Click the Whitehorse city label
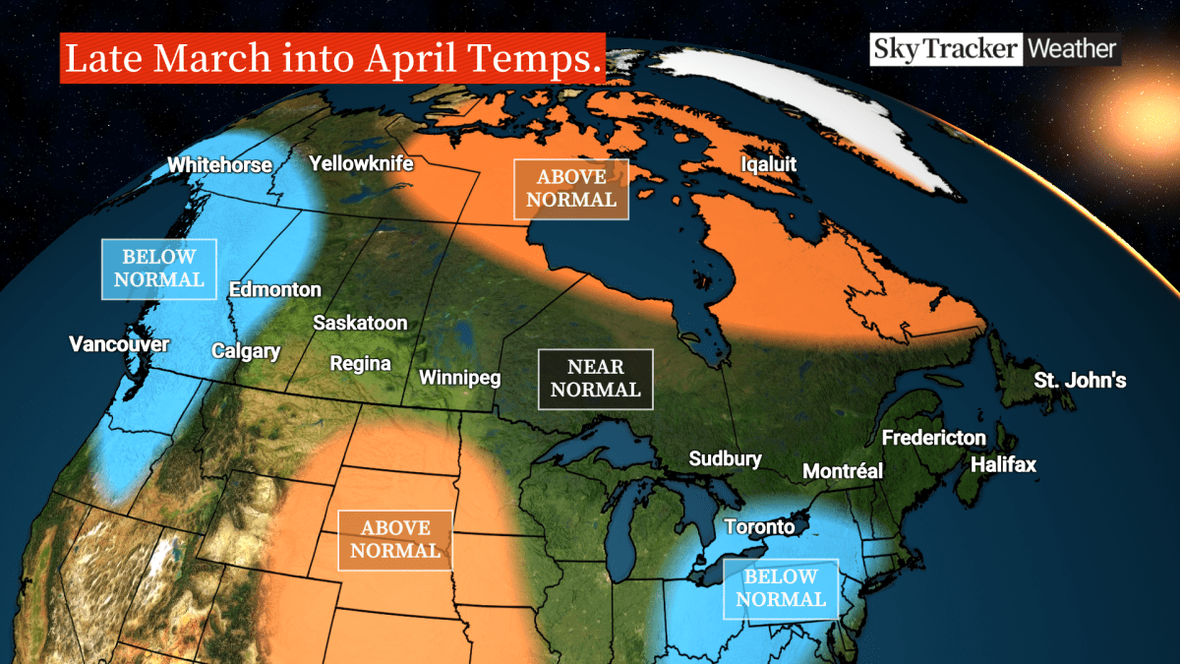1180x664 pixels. point(219,165)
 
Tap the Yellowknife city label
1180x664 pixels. point(361,163)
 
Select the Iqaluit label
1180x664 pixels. point(768,164)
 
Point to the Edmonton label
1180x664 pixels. point(274,289)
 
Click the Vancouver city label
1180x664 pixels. point(119,344)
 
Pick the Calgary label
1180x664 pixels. point(246,351)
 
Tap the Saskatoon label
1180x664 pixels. point(360,323)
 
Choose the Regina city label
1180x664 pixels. point(360,364)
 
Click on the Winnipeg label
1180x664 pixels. point(460,378)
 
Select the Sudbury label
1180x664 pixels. point(725,458)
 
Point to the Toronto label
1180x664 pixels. point(759,526)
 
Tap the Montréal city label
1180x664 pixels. point(843,471)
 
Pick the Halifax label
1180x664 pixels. point(1003,464)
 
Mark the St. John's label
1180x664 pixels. point(1080,380)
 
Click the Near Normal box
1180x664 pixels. point(595,379)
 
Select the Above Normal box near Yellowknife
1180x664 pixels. point(571,189)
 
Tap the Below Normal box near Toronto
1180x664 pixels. point(780,588)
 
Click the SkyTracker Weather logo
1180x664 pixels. point(993,49)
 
